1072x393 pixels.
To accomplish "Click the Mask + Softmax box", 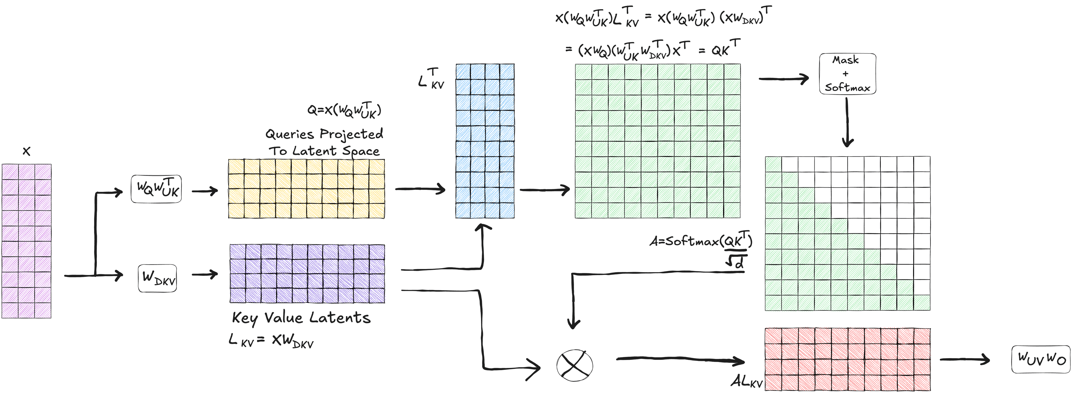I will tap(847, 74).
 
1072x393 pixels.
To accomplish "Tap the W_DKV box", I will tap(157, 278).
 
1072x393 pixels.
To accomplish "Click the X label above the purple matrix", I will tap(26, 151).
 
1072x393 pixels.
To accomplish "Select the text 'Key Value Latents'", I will tap(301, 318).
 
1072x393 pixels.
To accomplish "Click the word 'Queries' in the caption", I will tap(290, 134).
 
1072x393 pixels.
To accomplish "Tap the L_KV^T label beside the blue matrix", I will tap(431, 79).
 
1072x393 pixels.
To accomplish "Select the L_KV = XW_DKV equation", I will tap(271, 341).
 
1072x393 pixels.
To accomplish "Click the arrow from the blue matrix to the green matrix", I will tap(544, 190).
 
